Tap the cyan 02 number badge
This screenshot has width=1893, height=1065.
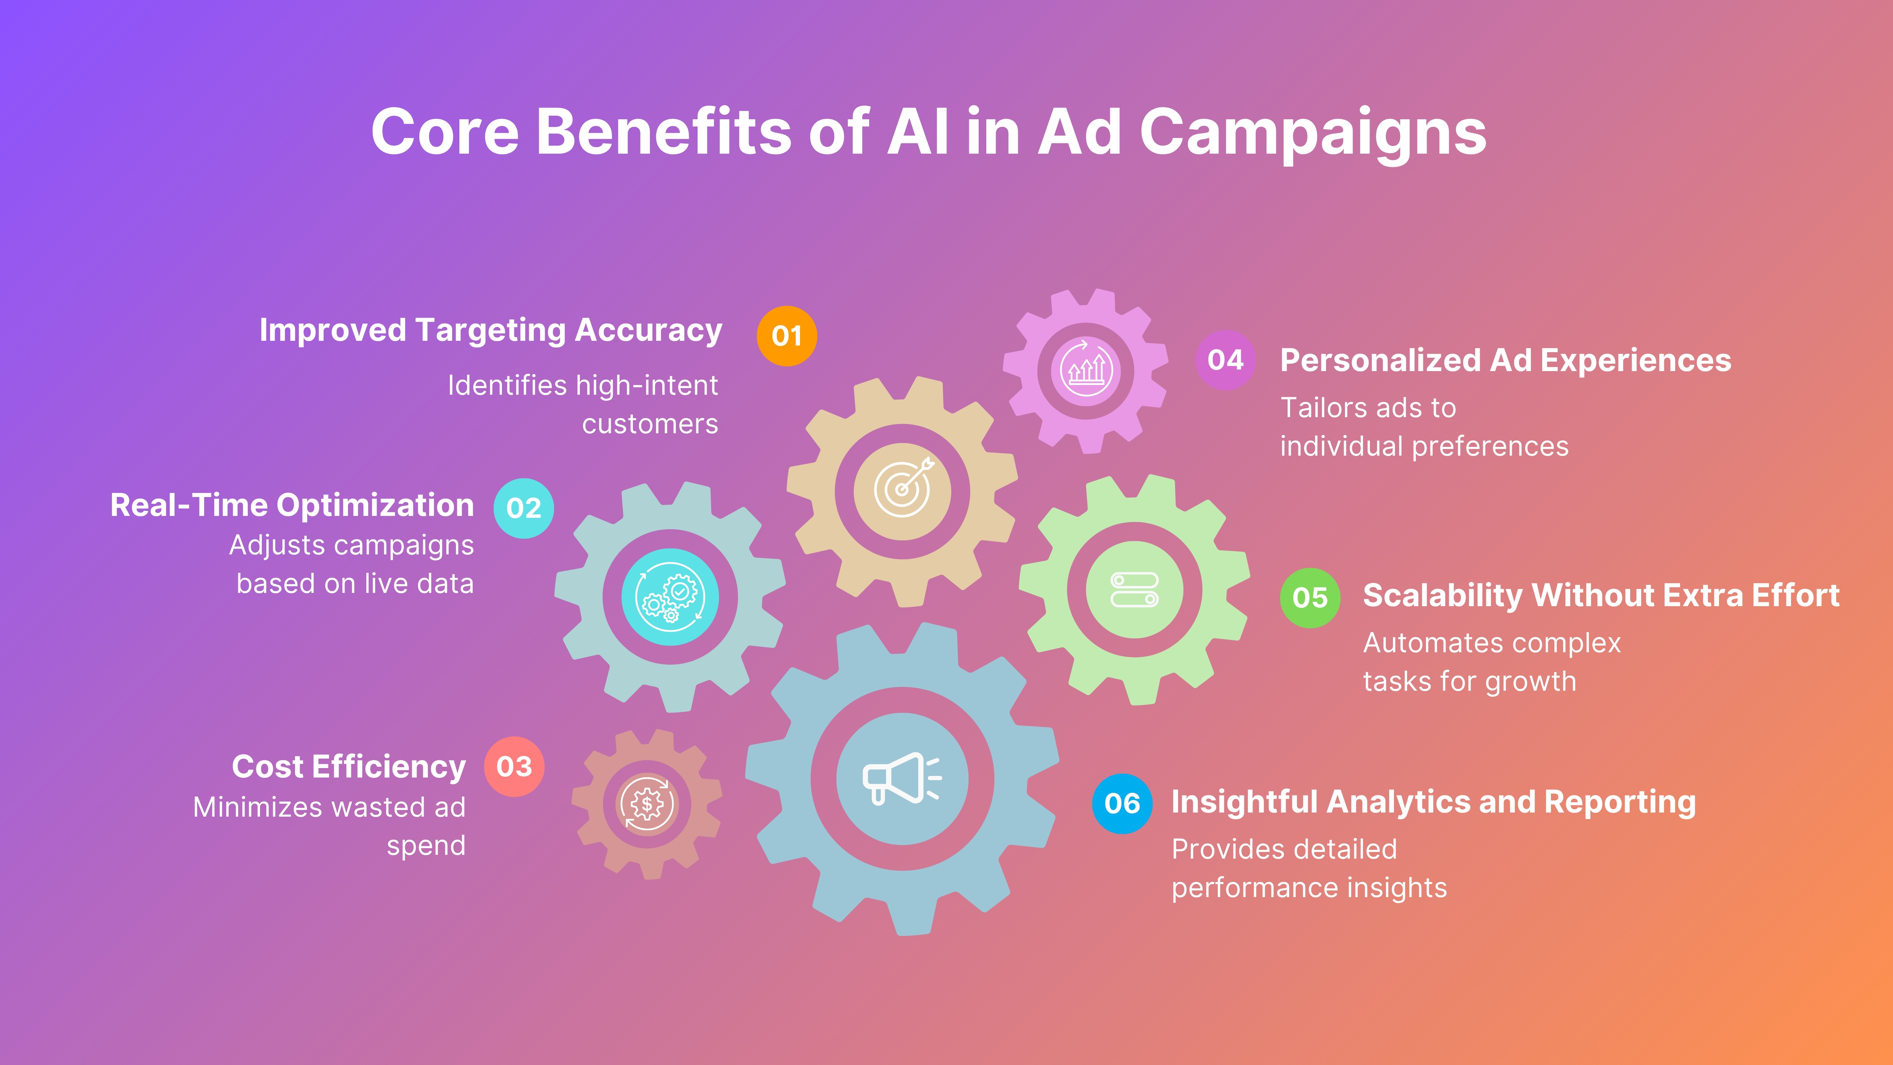point(523,508)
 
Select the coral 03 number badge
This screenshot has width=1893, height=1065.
point(514,766)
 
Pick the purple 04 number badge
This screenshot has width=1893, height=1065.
point(1225,360)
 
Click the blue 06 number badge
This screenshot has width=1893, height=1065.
point(1122,803)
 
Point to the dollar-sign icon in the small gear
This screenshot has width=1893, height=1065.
point(647,804)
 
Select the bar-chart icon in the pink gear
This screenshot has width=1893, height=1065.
point(1085,370)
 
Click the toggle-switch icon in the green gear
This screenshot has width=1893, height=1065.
point(1135,589)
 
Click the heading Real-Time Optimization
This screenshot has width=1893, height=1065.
point(292,506)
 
